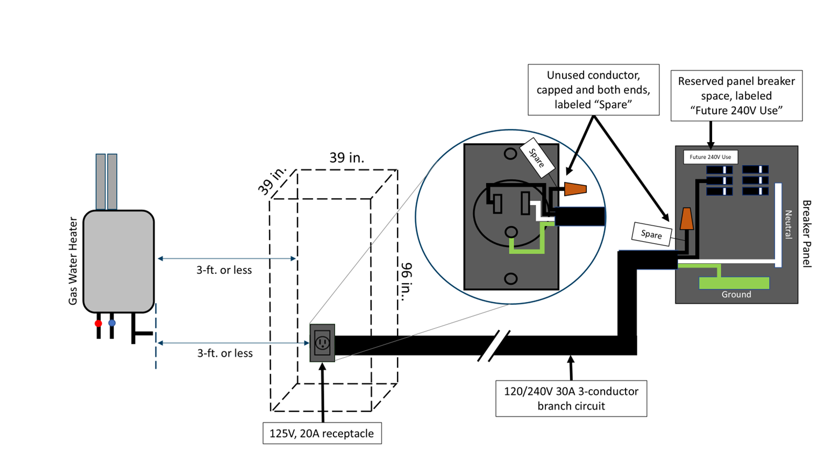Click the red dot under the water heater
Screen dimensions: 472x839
[x=98, y=323]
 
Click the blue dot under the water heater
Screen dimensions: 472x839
[x=112, y=323]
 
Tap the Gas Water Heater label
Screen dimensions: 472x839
[x=73, y=261]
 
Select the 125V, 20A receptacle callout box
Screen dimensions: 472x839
[x=322, y=433]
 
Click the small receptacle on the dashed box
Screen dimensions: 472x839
[x=322, y=343]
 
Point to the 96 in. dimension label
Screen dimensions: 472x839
[x=407, y=281]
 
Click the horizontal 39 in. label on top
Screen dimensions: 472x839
[x=347, y=158]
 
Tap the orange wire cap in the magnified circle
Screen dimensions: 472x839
[x=575, y=189]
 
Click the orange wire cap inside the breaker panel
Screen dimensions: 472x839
[x=687, y=219]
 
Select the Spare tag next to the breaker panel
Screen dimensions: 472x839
[x=651, y=234]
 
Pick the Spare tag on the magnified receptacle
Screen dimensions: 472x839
[x=537, y=159]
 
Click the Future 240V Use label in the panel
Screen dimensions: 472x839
[x=710, y=157]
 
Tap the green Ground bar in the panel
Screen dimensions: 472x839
[x=734, y=283]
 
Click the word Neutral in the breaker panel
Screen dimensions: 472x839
[x=788, y=224]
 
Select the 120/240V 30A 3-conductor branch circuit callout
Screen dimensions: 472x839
[x=571, y=398]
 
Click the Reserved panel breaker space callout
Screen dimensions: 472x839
[x=736, y=96]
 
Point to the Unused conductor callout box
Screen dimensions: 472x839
[x=593, y=90]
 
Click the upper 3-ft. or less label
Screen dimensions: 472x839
[x=224, y=270]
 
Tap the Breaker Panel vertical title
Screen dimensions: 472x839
[x=807, y=234]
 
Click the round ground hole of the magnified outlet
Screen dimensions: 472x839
[x=510, y=233]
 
